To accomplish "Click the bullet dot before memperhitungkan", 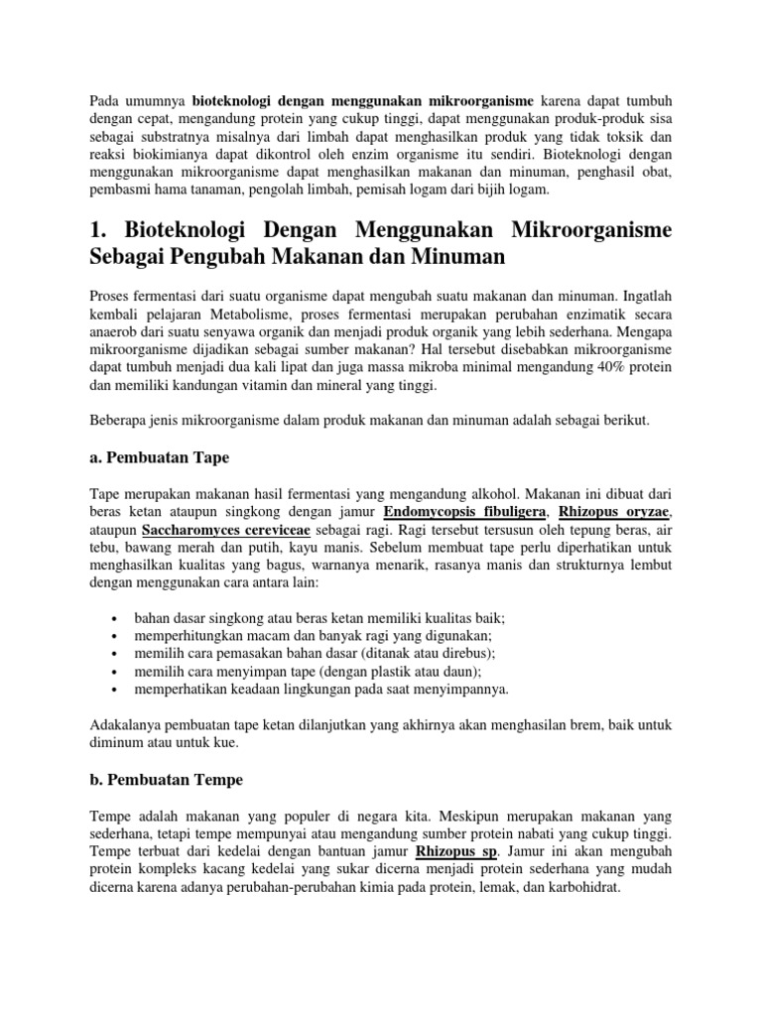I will (119, 635).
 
